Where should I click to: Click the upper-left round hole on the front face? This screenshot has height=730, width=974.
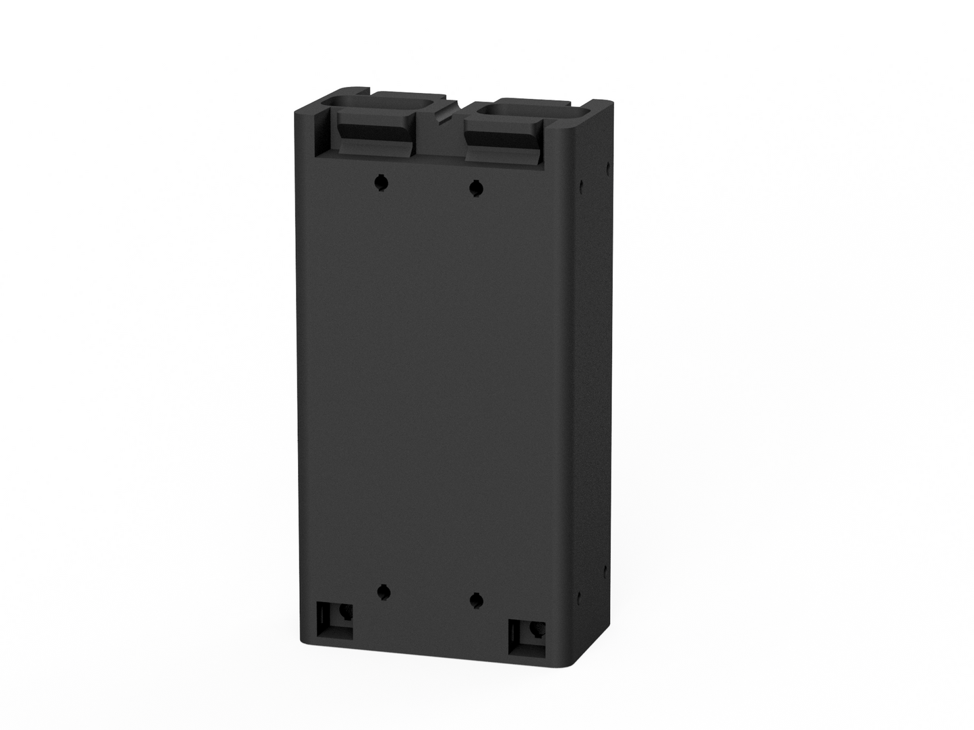click(x=382, y=181)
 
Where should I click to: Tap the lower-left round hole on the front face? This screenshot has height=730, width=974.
click(x=383, y=592)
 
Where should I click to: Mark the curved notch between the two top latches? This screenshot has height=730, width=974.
click(x=444, y=114)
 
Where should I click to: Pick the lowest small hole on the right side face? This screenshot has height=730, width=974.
click(x=579, y=596)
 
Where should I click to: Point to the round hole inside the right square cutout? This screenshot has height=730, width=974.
click(x=537, y=630)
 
